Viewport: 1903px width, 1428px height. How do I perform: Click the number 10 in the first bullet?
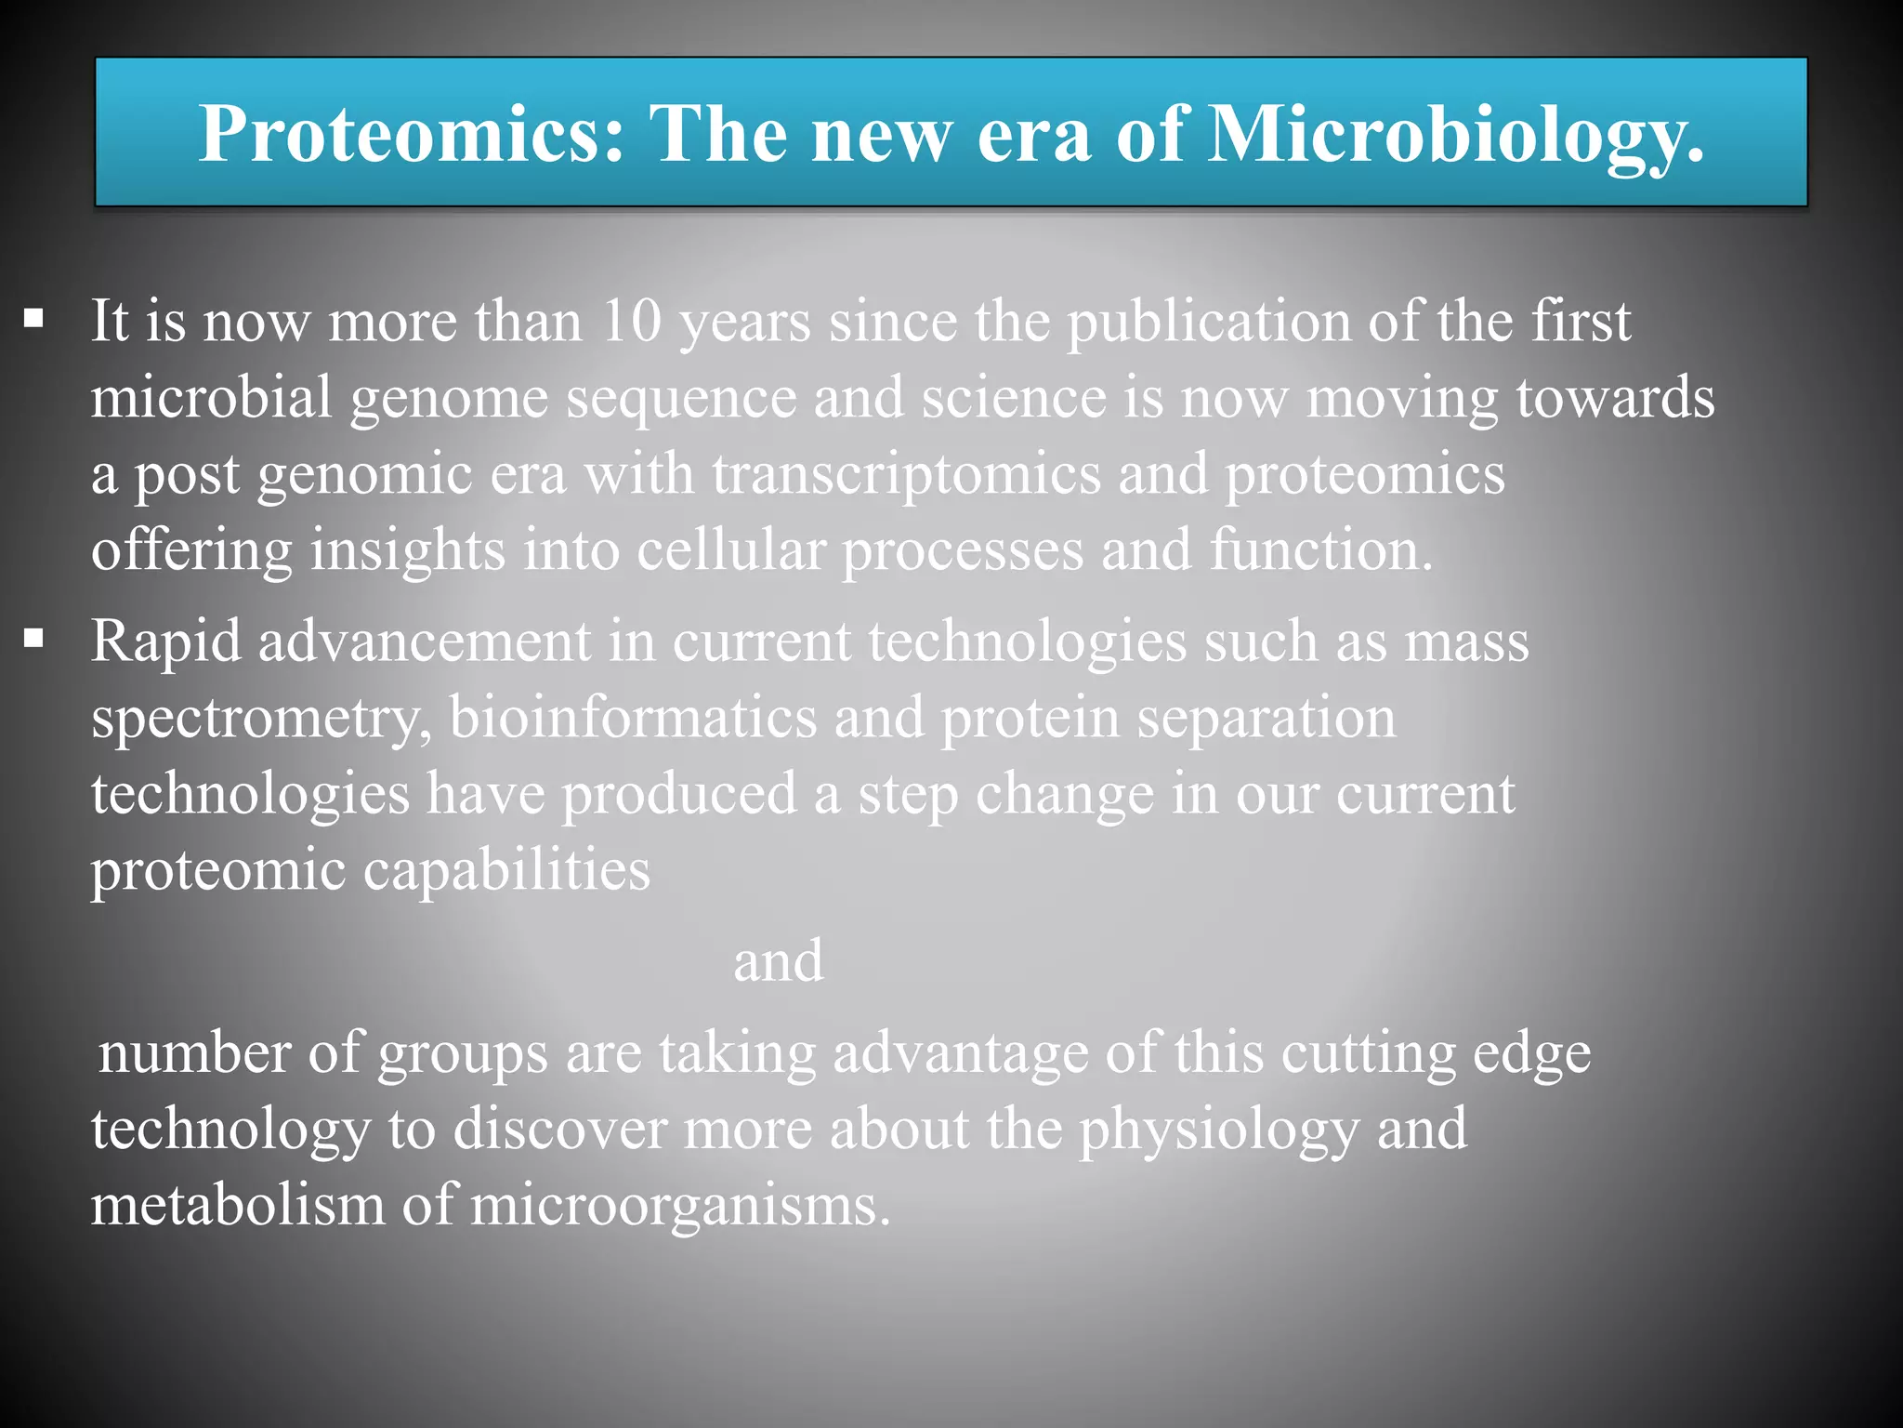click(631, 321)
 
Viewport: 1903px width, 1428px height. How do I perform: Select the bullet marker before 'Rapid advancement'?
click(34, 640)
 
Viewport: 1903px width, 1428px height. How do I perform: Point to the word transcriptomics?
click(906, 474)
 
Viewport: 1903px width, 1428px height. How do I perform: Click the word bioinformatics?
click(633, 719)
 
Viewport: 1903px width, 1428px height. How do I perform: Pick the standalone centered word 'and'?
click(778, 960)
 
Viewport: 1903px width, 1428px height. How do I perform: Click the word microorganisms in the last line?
click(679, 1206)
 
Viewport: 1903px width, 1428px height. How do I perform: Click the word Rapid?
click(166, 641)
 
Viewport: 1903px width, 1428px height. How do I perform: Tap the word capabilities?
click(506, 871)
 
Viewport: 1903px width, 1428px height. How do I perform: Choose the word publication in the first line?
click(1208, 322)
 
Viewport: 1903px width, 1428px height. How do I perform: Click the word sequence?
click(681, 399)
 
